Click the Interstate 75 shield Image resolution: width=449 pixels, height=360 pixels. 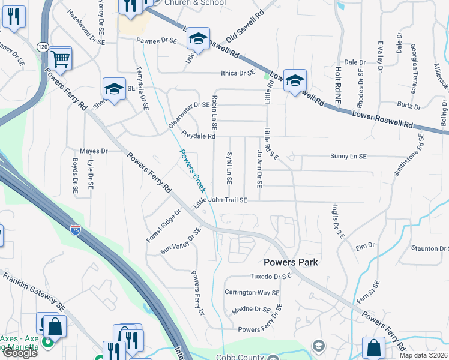pos(75,229)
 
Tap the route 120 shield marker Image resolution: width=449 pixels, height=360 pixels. pos(42,46)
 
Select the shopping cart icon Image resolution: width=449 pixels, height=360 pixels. pos(60,59)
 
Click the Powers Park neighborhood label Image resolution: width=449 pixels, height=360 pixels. pos(291,262)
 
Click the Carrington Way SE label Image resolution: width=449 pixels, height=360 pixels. pos(252,293)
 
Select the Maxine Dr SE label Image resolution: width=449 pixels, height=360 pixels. pos(252,310)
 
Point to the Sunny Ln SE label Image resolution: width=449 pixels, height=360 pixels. pos(348,156)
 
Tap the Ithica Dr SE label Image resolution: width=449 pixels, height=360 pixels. pos(239,73)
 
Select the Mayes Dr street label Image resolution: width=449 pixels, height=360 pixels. pos(93,151)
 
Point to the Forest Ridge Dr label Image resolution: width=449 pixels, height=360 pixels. pos(163,226)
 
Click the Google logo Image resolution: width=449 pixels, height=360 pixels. pos(20,353)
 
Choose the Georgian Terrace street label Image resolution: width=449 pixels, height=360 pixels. pos(414,67)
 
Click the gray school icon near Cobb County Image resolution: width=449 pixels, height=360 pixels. pos(318,346)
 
